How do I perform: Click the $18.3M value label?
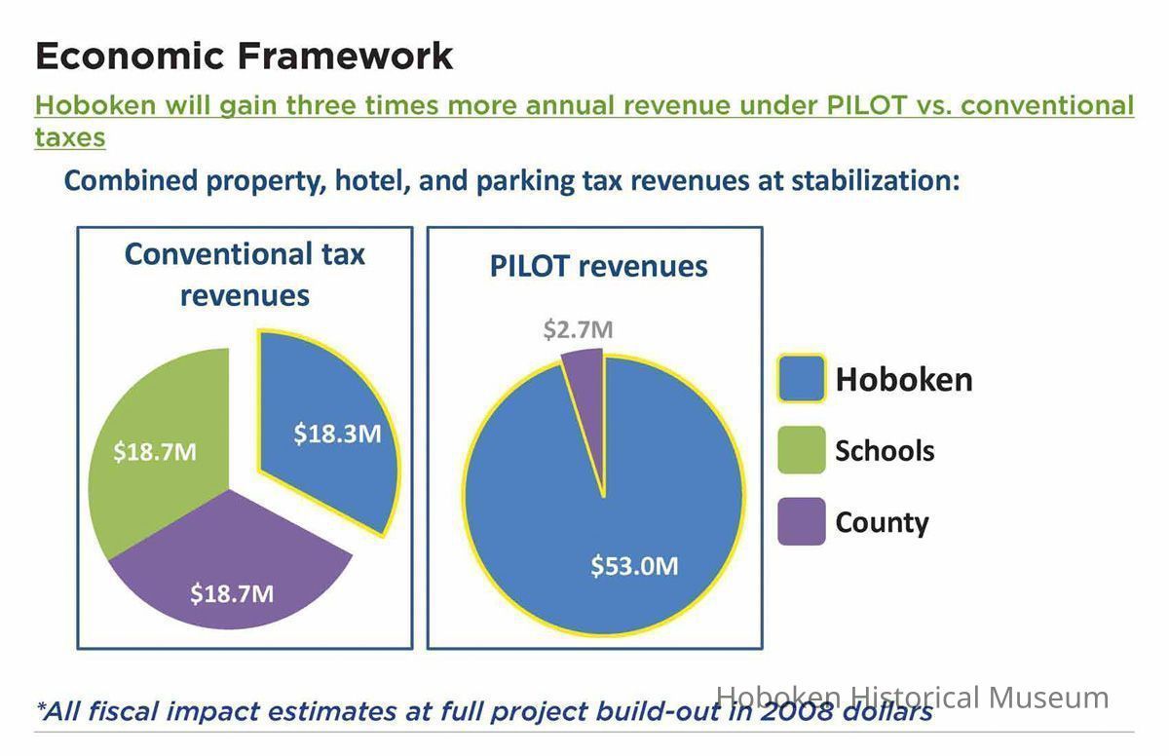point(337,435)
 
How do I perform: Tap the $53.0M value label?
point(634,566)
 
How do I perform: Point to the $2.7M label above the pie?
point(578,329)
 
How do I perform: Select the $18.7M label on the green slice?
point(155,452)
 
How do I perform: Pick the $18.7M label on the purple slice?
point(232,593)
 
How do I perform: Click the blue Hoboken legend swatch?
point(801,378)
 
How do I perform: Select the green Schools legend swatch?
point(801,450)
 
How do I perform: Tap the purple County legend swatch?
point(801,521)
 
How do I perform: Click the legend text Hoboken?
point(904,379)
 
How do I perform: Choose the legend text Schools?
point(885,451)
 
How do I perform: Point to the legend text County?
point(882,523)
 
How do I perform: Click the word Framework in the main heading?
point(345,56)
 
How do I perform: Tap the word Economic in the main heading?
point(130,56)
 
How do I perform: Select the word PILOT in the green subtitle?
point(867,105)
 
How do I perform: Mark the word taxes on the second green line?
point(70,137)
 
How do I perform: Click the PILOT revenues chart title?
point(598,266)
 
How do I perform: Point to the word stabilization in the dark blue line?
point(875,180)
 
